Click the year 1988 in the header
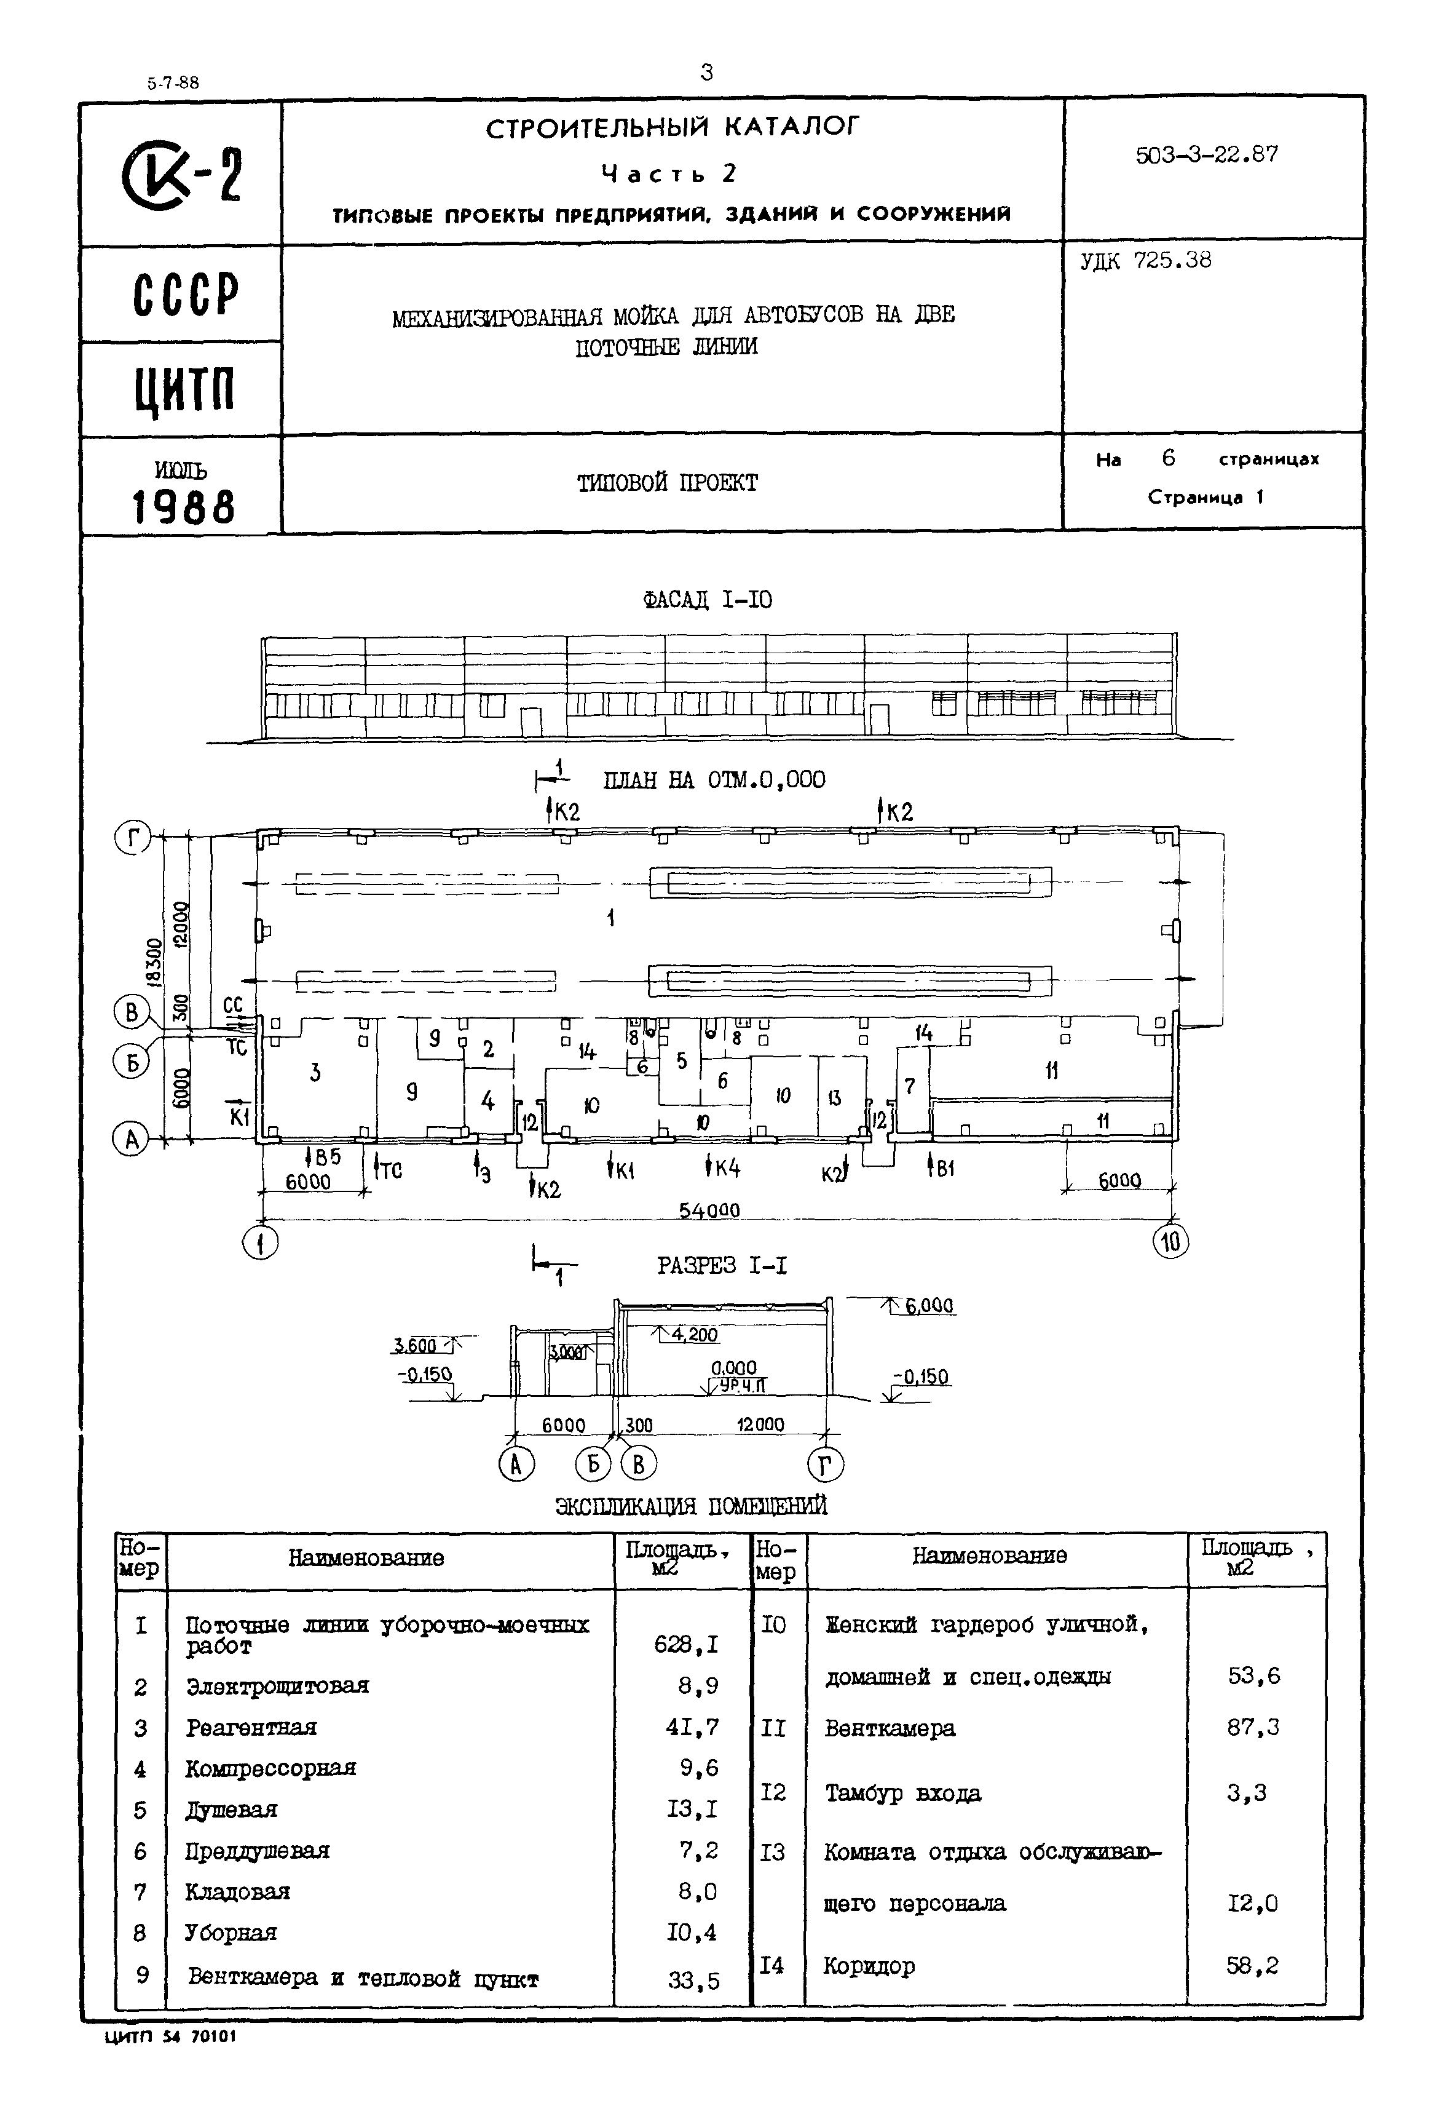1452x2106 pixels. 184,507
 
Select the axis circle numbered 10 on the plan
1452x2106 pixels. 1171,1242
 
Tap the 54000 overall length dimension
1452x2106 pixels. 709,1210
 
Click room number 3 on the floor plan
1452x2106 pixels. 315,1073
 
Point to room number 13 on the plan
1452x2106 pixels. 834,1099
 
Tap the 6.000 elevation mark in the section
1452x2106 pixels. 928,1307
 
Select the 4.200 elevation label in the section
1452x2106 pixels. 694,1335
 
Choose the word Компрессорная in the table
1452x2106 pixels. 270,1768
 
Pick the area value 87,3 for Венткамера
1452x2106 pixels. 1253,1727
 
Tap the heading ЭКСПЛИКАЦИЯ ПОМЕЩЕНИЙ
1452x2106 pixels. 692,1506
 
